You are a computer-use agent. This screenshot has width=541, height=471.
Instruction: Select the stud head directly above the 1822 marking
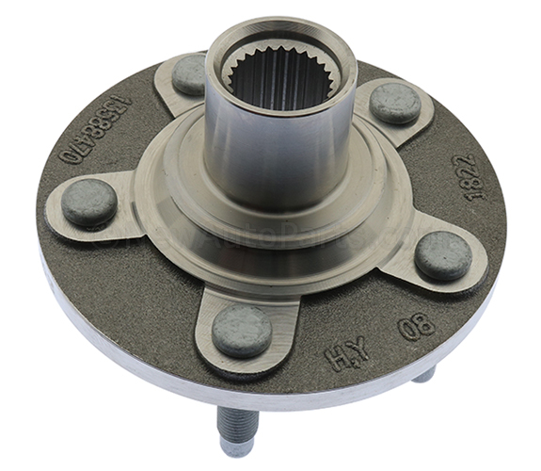tap(395, 103)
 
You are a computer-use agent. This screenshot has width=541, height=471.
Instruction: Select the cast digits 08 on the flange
tap(417, 327)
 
